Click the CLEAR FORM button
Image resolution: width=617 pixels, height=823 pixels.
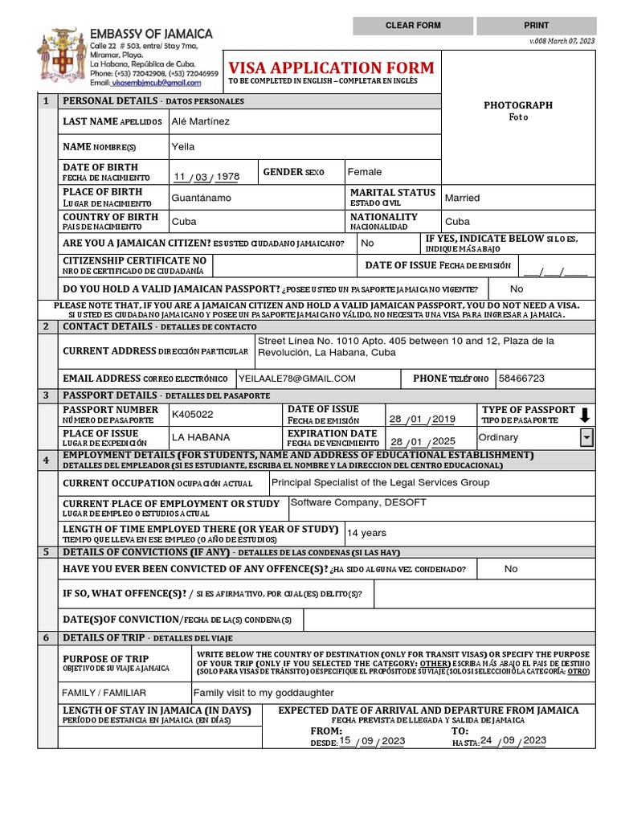(413, 26)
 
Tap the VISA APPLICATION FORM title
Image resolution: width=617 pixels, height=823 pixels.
(331, 68)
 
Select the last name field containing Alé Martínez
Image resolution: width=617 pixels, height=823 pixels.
(201, 121)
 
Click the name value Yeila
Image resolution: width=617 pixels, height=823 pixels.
(183, 147)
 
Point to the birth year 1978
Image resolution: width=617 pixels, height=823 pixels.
(228, 177)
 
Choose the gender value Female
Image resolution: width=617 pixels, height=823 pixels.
(365, 172)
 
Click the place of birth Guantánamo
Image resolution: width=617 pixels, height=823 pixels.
(202, 198)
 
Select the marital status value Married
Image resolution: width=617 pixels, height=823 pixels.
(462, 198)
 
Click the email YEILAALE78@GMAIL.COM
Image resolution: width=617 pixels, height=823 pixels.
(297, 379)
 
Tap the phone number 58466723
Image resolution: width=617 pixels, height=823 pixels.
(521, 379)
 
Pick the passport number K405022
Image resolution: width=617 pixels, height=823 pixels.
(193, 415)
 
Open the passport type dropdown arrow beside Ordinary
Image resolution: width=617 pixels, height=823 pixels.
(586, 437)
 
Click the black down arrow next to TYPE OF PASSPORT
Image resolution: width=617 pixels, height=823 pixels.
(585, 415)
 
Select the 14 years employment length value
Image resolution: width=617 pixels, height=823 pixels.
(366, 533)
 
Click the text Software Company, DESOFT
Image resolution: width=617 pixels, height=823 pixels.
(358, 502)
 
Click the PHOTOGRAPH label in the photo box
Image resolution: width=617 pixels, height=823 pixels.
(517, 105)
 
